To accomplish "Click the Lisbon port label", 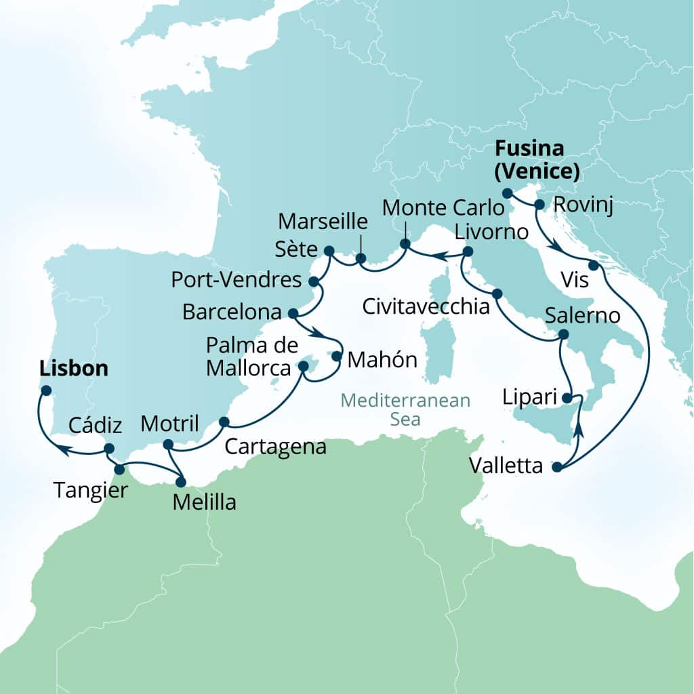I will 74,369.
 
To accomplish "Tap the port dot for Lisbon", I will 45,390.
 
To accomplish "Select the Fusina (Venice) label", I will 537,160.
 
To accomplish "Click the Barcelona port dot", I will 293,314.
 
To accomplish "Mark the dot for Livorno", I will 467,252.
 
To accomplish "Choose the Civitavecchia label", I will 426,307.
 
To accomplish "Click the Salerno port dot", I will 562,335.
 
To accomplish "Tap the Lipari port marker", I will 569,397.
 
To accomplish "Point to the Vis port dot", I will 594,265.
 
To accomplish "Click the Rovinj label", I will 584,206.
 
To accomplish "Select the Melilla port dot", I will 180,483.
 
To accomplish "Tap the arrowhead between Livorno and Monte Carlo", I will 438,257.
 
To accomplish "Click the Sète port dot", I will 329,251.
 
